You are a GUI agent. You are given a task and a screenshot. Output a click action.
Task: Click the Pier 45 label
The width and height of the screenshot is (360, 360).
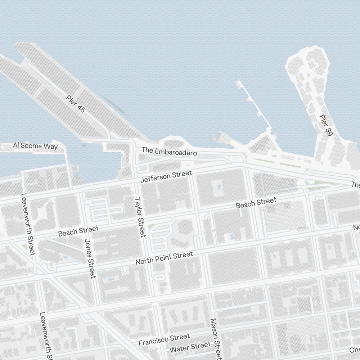76,104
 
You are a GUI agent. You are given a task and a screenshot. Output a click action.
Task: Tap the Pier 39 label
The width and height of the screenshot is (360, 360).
325,125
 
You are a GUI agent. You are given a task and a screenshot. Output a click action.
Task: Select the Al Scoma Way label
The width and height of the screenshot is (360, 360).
35,146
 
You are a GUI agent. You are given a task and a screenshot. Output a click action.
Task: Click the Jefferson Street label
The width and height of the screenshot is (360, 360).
166,176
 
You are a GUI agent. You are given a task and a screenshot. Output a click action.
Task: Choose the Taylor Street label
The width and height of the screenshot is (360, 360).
140,217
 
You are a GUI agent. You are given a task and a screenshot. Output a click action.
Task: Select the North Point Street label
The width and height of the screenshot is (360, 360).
164,258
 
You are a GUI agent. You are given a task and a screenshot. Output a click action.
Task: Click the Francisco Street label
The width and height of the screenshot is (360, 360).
164,339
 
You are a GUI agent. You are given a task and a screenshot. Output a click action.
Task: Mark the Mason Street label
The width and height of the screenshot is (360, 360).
215,338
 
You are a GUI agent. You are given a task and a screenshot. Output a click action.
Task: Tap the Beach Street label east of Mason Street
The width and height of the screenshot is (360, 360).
256,203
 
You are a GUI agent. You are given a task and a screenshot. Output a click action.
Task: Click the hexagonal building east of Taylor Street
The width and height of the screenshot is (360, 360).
185,228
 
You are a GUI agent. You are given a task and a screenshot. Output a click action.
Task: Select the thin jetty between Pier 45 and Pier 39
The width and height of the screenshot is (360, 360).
254,104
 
